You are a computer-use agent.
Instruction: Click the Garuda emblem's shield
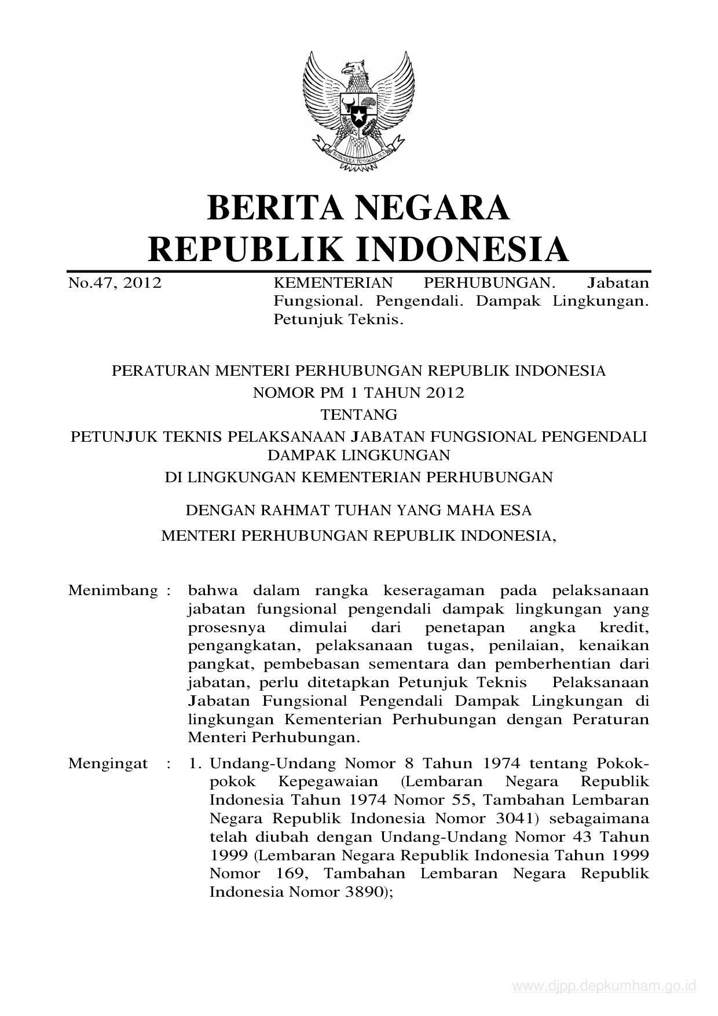coord(358,111)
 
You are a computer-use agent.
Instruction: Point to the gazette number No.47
coord(90,284)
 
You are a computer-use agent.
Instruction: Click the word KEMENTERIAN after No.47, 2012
coord(332,283)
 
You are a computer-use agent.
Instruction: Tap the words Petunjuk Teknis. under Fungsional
coord(338,320)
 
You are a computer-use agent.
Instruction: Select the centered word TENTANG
coord(358,415)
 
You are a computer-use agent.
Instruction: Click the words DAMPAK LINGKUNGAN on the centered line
coord(358,455)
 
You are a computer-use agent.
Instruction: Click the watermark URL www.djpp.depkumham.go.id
coord(604,986)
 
